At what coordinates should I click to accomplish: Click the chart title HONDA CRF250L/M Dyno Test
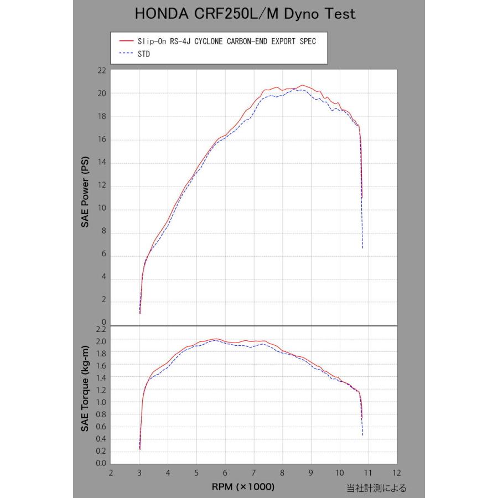pos(245,14)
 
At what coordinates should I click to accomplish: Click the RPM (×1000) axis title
pos(242,486)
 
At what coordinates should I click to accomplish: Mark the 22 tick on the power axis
pos(101,71)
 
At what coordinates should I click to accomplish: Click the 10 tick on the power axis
pos(101,209)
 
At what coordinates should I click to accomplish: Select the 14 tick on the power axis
pos(101,163)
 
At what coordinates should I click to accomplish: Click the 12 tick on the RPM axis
pos(396,473)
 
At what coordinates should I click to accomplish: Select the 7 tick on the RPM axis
pos(253,473)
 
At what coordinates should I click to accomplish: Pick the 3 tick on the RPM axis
pos(139,473)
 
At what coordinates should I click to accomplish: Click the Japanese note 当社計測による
pos(376,487)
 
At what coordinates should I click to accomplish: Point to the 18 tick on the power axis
pos(101,117)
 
